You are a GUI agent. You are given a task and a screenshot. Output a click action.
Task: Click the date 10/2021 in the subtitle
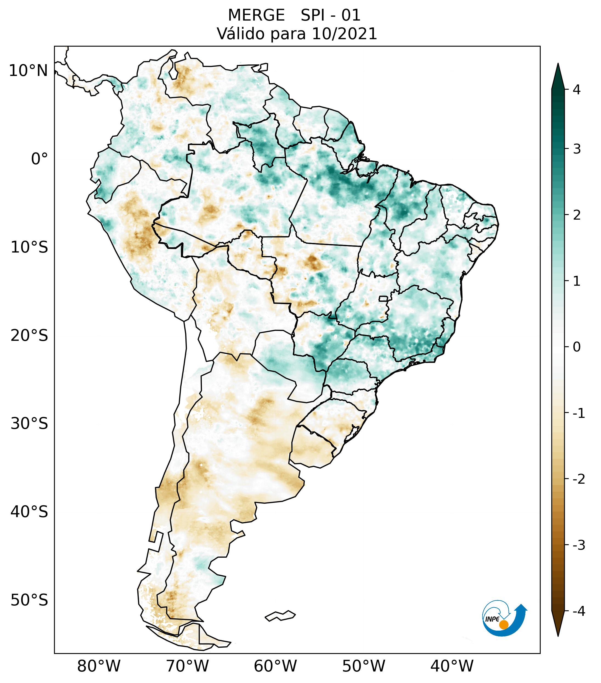[344, 34]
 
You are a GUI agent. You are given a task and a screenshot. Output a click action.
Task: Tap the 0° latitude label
[39, 159]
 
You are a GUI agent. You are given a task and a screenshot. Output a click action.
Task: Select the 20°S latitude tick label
[29, 336]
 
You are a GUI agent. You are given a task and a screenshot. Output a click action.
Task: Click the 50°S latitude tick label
[29, 600]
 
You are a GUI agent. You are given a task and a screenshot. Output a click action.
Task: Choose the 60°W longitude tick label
[275, 666]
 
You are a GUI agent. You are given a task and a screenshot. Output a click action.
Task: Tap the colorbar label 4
[577, 90]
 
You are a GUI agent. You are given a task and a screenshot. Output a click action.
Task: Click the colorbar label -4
[579, 611]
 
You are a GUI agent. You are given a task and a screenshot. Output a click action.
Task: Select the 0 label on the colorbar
[577, 347]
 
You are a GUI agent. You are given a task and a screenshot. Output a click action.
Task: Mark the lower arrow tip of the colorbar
[558, 635]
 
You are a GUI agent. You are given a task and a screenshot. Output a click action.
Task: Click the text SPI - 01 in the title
[331, 15]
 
